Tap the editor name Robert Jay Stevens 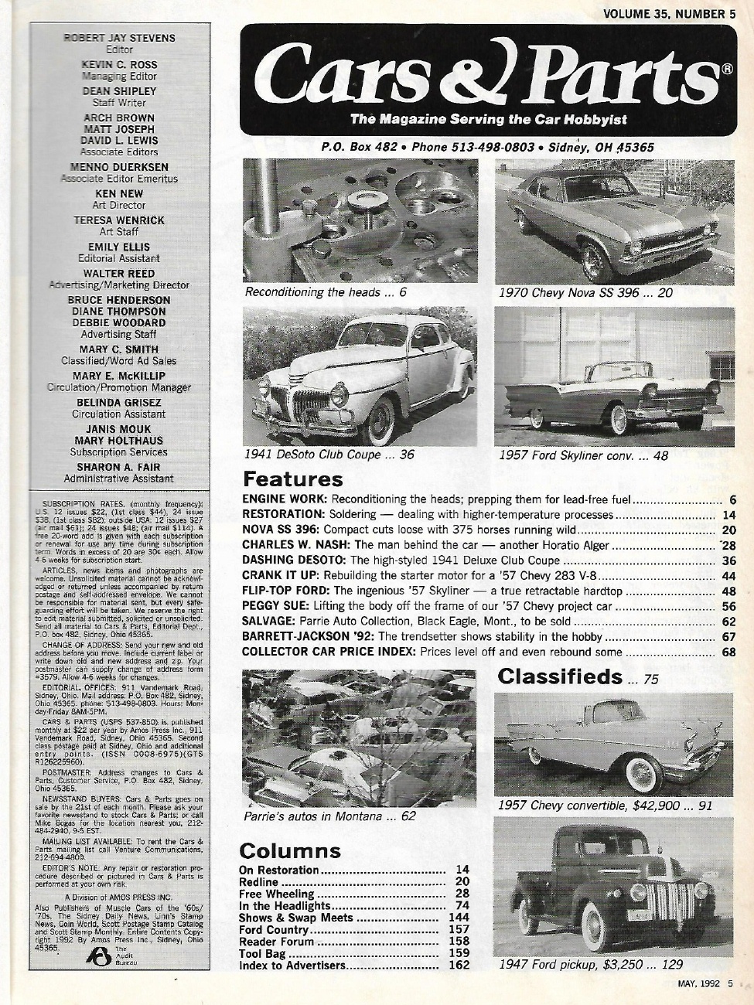(119, 38)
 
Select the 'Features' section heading (292, 480)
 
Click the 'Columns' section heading (289, 851)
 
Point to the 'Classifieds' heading (559, 677)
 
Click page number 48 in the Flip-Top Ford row (728, 591)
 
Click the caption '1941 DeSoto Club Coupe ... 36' (329, 455)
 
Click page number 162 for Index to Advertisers (459, 966)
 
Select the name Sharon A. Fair (119, 467)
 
